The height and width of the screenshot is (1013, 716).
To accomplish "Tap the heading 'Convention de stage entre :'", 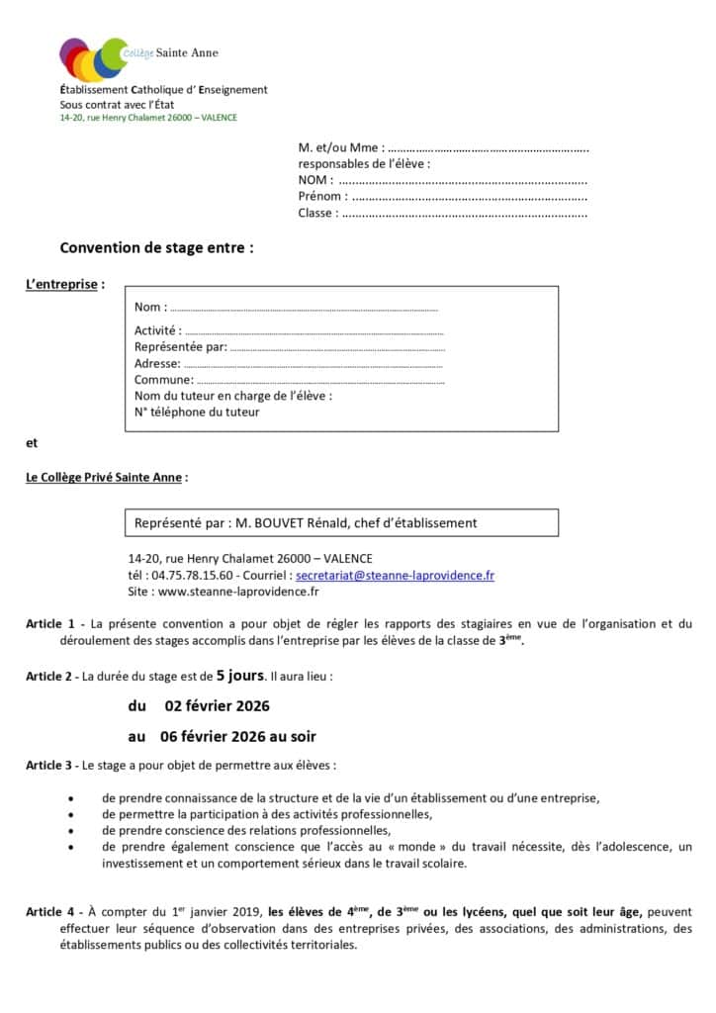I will coord(156,248).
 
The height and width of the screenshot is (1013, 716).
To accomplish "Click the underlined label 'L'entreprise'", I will coord(62,285).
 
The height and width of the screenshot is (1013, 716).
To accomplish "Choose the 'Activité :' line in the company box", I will coord(313,331).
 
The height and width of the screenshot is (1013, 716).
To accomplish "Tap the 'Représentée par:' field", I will coord(336,347).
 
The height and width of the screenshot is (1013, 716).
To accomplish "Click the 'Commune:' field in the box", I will coord(319,380).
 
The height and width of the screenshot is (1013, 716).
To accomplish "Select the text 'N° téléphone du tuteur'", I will coord(197,412).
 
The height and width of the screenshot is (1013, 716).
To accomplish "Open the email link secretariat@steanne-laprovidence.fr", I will coord(395,575).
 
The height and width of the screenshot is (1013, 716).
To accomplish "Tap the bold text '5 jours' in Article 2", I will coord(239,677).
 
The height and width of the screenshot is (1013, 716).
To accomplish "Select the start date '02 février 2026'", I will coord(217,706).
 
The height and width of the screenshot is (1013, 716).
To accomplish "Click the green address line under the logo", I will coord(148,118).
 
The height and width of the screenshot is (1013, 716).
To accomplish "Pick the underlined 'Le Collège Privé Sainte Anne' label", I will coord(104,477).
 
